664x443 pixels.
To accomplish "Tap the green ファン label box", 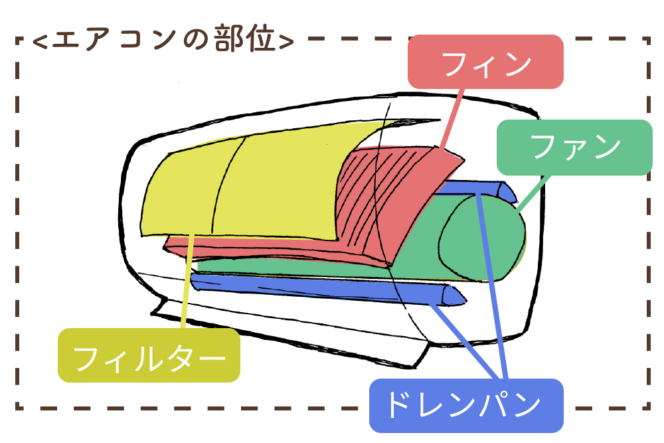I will (575, 147).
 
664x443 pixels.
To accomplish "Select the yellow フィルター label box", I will (149, 357).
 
